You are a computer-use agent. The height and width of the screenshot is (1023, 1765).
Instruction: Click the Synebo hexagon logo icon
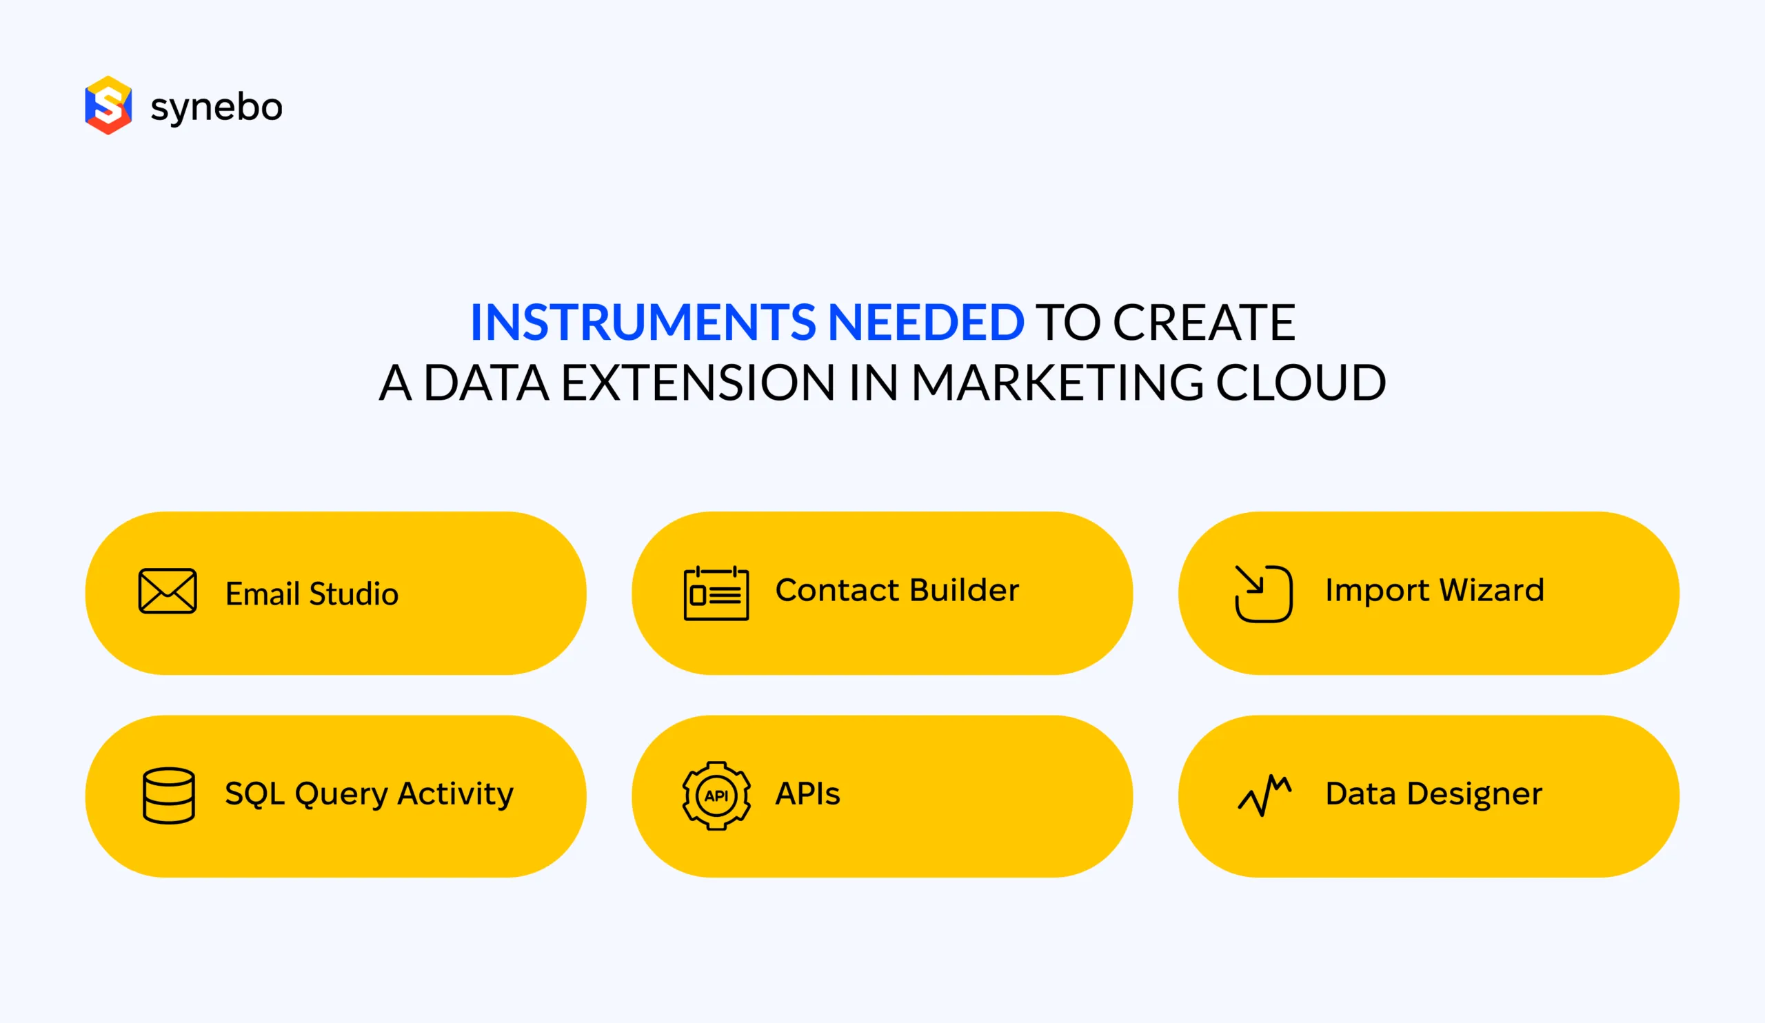[108, 105]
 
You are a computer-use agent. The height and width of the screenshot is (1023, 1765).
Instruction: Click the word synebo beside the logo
[216, 108]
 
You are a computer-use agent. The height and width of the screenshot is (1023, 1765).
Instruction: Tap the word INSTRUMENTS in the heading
[643, 323]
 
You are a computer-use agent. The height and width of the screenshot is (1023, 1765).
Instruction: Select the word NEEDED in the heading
[926, 323]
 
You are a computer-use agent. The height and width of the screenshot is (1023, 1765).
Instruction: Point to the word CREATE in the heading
[1204, 323]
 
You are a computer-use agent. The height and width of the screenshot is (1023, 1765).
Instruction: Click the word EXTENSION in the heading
[698, 383]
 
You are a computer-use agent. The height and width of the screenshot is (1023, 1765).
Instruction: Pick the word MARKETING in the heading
[1057, 383]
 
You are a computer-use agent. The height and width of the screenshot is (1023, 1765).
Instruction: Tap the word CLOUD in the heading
[1300, 383]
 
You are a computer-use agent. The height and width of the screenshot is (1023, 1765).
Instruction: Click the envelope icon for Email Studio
[168, 591]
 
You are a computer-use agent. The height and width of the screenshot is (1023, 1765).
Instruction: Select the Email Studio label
[312, 594]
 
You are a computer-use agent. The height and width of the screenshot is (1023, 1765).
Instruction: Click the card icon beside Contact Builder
[716, 593]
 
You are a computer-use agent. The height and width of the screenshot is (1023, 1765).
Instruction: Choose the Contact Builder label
[897, 590]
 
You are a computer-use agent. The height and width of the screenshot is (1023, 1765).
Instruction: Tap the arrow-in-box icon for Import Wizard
[1264, 593]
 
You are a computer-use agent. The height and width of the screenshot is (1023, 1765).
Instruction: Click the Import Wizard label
[1435, 590]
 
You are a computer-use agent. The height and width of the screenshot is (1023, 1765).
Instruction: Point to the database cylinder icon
[168, 796]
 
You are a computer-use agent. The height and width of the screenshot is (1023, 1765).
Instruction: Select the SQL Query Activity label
[369, 794]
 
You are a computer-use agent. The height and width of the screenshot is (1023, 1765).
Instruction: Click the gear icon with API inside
[716, 796]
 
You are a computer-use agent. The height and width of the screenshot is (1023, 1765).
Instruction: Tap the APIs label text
[807, 794]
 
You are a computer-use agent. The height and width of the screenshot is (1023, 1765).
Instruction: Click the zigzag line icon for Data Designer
[1264, 796]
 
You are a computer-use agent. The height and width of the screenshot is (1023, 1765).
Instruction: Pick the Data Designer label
[1433, 794]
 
